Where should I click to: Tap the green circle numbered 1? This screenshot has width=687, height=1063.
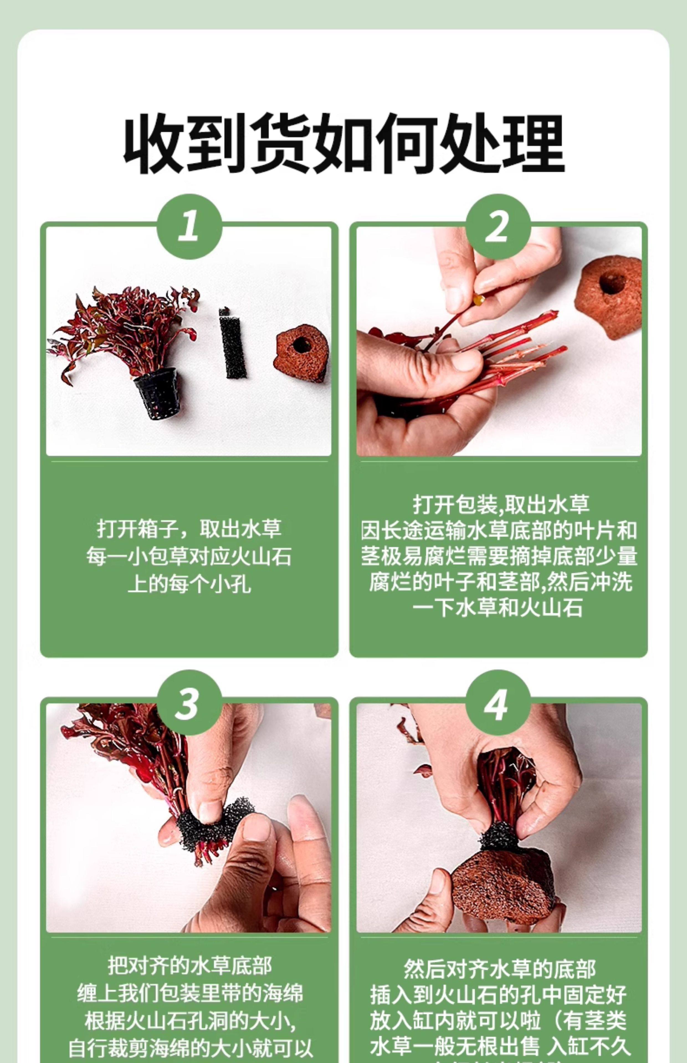pyautogui.click(x=189, y=226)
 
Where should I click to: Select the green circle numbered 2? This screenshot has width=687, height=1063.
pyautogui.click(x=498, y=226)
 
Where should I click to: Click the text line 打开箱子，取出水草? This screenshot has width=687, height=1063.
pyautogui.click(x=189, y=529)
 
